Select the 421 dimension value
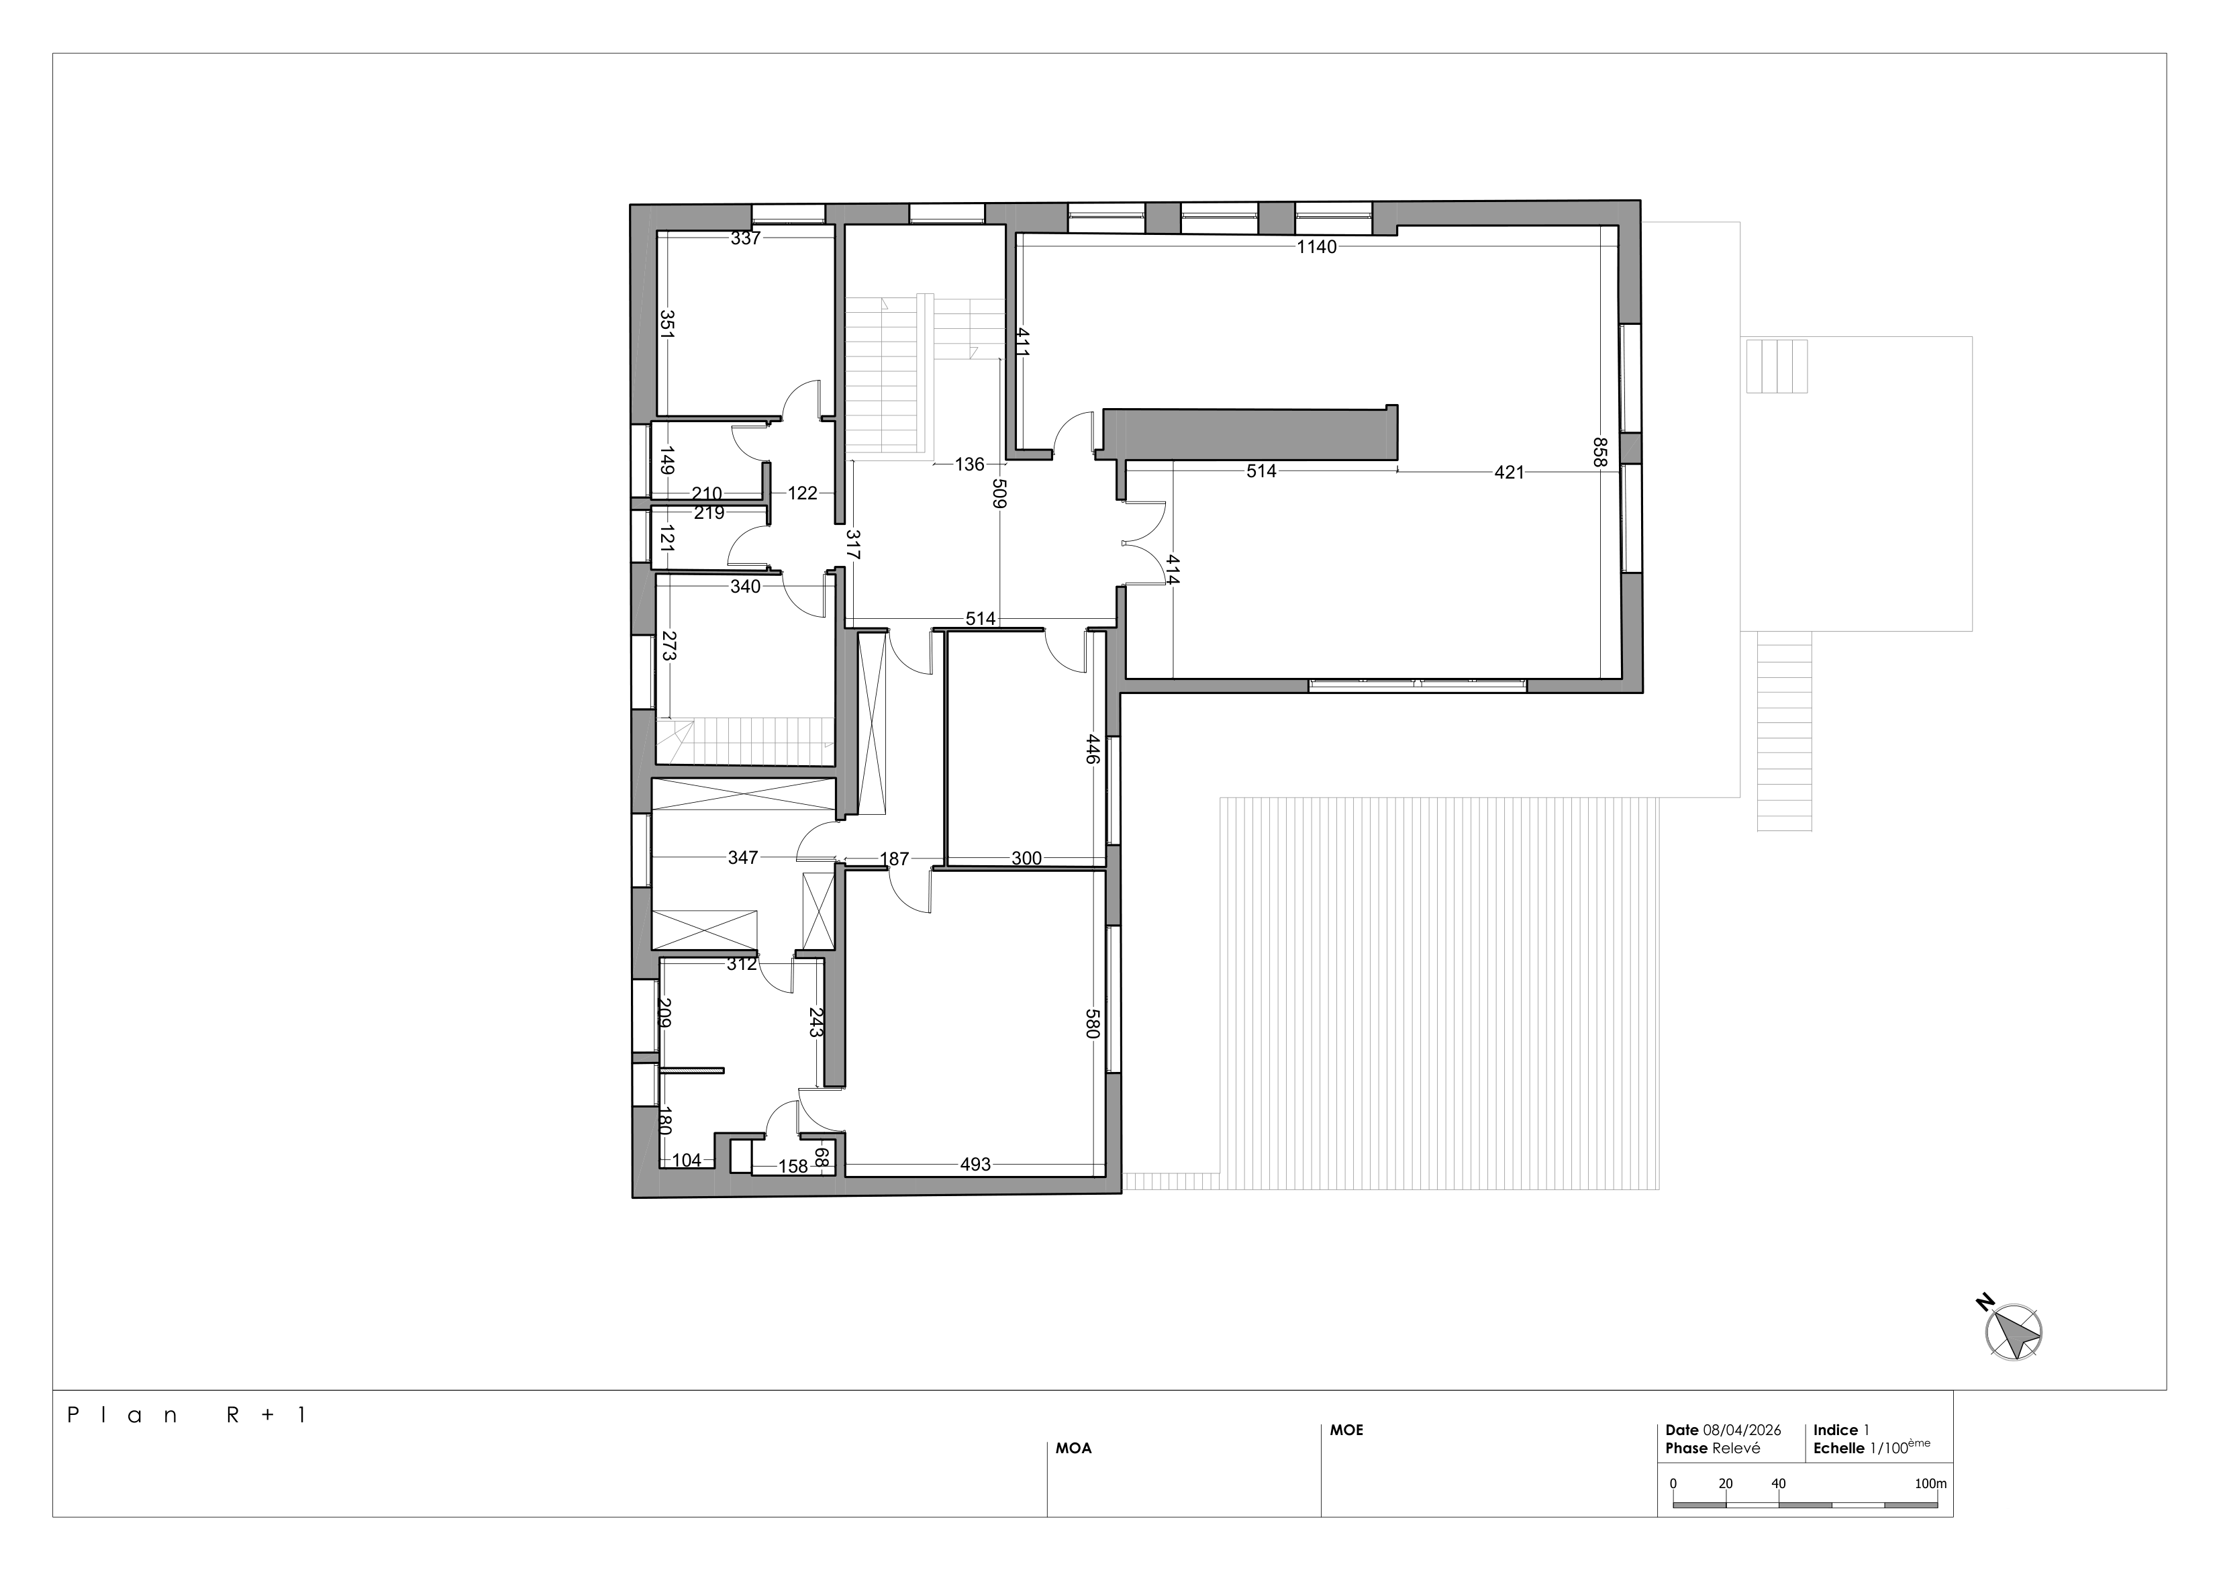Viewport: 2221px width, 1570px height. click(1509, 472)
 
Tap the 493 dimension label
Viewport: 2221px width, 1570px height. click(975, 1165)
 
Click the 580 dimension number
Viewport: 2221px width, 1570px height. click(1093, 1024)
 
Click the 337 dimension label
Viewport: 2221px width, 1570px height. click(746, 238)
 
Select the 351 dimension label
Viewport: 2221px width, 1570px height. click(667, 323)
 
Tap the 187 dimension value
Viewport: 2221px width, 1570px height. click(895, 858)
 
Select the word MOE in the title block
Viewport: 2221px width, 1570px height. click(1346, 1430)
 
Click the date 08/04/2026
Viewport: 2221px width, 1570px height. click(1742, 1430)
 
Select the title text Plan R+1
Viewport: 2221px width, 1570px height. click(187, 1415)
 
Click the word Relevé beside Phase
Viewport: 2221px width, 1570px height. click(1736, 1448)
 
